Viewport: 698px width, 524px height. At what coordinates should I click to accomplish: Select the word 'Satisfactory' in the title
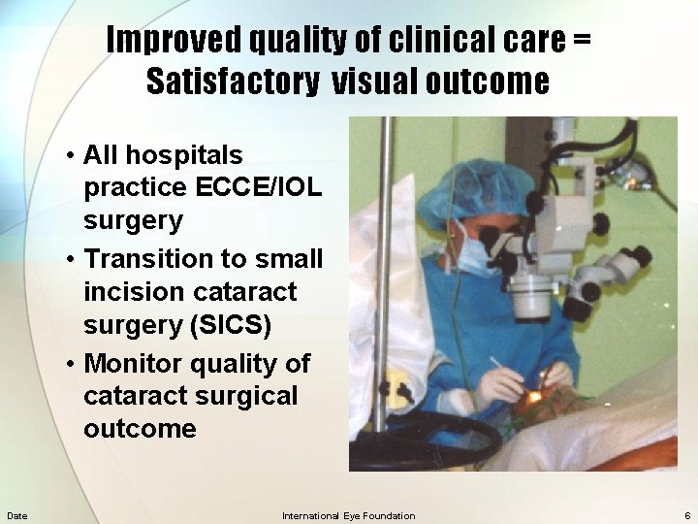(x=232, y=82)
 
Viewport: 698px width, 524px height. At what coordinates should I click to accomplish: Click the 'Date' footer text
(x=16, y=515)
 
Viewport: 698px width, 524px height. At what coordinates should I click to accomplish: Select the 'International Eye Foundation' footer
(x=348, y=515)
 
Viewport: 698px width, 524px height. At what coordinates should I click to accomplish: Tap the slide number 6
(x=687, y=515)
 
